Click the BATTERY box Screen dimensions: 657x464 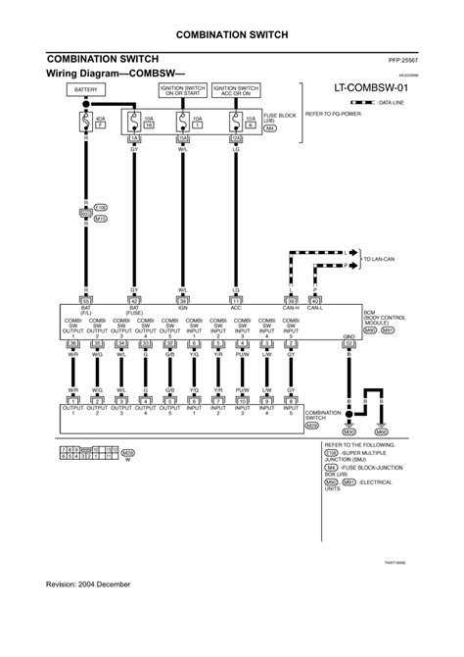click(84, 91)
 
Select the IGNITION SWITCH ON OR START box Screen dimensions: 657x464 click(182, 91)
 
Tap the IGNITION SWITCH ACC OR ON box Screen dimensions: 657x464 click(235, 91)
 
